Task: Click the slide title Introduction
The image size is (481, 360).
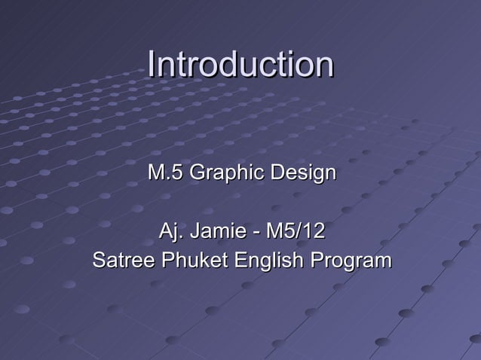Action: click(240, 65)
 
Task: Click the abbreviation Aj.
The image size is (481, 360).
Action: click(170, 229)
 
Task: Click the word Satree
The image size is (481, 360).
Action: click(117, 261)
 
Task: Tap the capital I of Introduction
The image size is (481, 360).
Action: click(152, 65)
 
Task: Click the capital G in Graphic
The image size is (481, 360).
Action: click(196, 174)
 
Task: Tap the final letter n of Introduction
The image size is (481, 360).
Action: click(324, 67)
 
